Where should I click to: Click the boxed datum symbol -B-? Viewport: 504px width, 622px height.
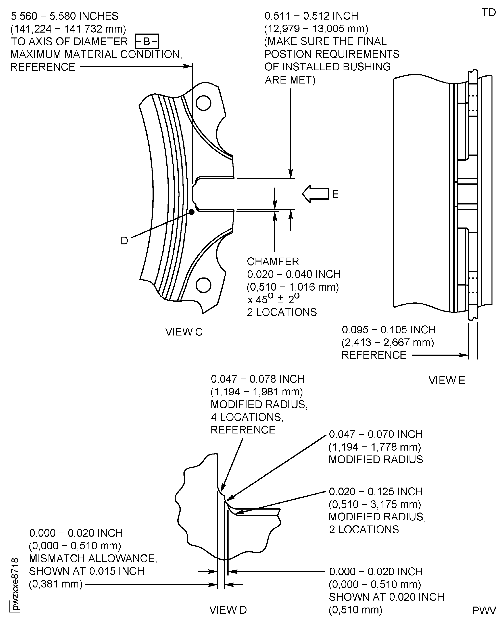tap(147, 41)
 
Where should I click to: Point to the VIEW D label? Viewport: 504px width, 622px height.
tap(228, 610)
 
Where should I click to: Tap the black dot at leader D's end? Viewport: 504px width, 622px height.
tap(192, 212)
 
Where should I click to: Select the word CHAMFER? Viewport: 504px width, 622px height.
tap(273, 262)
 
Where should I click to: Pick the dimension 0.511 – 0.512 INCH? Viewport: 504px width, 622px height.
tap(311, 16)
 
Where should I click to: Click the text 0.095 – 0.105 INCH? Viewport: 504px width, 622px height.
tap(388, 330)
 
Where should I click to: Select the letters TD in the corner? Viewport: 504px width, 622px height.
tap(489, 12)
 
